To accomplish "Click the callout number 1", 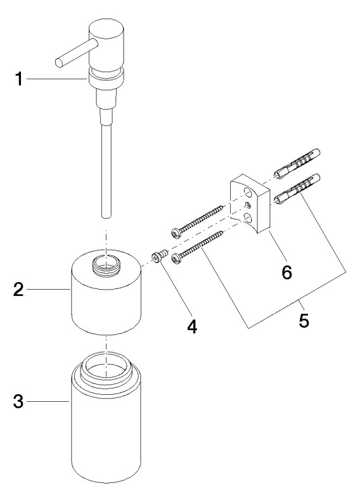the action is (x=19, y=79).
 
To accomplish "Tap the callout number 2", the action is (x=18, y=289).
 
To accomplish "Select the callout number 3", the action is (x=18, y=401).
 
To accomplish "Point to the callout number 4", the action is (x=192, y=326).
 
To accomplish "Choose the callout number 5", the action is (x=304, y=320).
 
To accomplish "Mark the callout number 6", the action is (x=286, y=272).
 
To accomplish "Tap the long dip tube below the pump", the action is (x=106, y=171).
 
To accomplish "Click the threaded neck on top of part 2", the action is (x=106, y=266).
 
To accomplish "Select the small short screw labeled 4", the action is (x=159, y=256).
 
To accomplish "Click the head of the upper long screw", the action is (x=176, y=233).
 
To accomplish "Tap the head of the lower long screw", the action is (x=176, y=258).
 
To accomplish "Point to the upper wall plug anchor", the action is (x=297, y=164).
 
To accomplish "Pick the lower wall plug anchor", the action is (x=297, y=190).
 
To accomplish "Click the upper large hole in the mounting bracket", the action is (x=247, y=193).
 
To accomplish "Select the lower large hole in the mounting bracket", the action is (x=247, y=218).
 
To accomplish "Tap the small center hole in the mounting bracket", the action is (x=247, y=205).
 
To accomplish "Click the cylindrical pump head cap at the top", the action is (x=106, y=44).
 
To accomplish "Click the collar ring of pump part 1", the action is (x=106, y=79).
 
